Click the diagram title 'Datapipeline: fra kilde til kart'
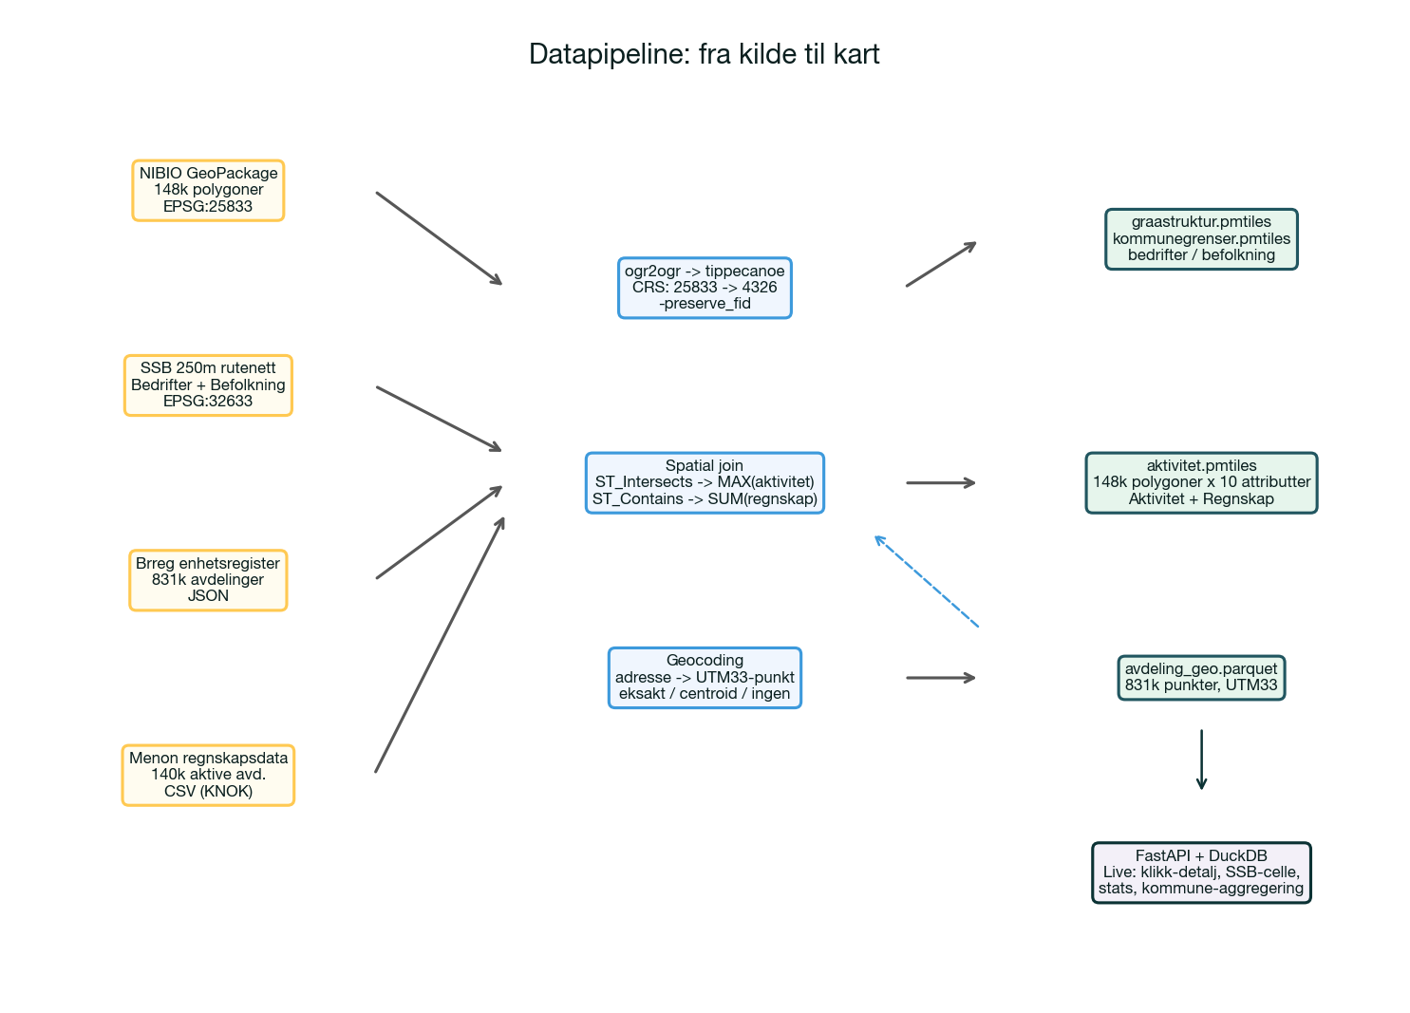(704, 54)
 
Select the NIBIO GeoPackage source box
(208, 190)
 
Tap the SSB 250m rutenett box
(208, 385)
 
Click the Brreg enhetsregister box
(208, 579)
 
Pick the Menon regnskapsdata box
(208, 774)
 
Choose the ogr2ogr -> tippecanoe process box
(705, 287)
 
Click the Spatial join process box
(705, 482)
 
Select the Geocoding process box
(705, 677)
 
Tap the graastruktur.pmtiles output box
(1201, 238)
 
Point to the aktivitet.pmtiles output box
(1201, 482)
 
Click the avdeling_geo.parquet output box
(1201, 677)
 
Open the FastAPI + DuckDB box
(1201, 872)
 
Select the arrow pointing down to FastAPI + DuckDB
(1201, 759)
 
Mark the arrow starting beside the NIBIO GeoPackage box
(438, 237)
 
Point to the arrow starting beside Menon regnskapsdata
(440, 645)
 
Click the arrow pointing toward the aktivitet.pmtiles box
(940, 482)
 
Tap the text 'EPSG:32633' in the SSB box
(208, 401)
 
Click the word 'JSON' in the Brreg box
(208, 595)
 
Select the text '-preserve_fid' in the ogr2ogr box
(705, 304)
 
